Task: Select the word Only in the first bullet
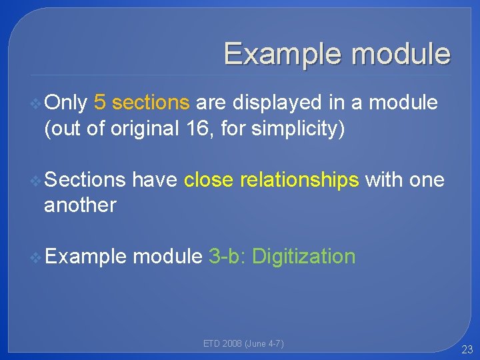(66, 103)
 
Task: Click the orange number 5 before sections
(100, 103)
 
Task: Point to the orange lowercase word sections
(151, 103)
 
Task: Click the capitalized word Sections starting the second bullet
(85, 179)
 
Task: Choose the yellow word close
(209, 179)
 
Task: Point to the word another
(80, 205)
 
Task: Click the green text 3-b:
(227, 256)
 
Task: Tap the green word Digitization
(304, 256)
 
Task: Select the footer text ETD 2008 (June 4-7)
(243, 343)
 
